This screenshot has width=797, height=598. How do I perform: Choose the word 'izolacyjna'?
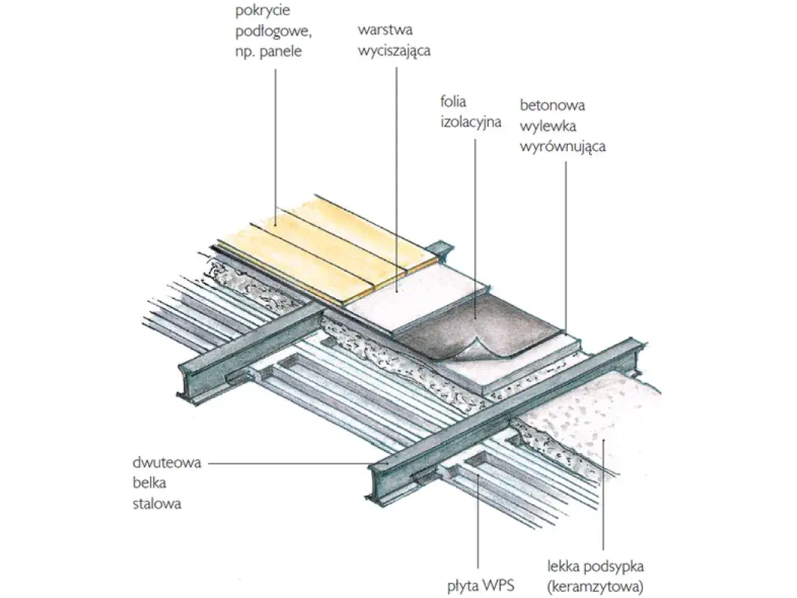coord(471,121)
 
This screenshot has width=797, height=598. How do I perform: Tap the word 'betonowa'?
coord(553,106)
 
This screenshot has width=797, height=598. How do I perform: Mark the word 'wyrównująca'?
coord(562,146)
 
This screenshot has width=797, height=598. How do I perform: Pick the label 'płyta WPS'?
coord(477,587)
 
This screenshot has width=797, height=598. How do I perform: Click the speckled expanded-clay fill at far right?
coord(607,425)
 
